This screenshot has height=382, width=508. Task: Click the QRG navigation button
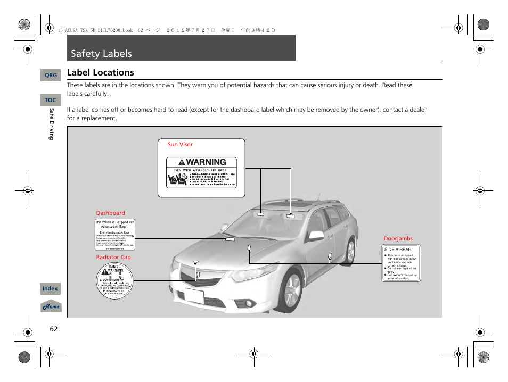(51, 76)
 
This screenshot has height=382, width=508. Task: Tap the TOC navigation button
(50, 100)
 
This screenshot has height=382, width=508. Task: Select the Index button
(50, 289)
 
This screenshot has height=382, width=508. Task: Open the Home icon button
(51, 306)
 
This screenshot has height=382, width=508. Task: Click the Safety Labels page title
(101, 53)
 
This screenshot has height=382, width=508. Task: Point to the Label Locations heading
(101, 72)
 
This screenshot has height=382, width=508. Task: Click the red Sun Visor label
(180, 145)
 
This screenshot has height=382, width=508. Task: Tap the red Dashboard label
(110, 213)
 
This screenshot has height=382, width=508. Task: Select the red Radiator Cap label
(113, 258)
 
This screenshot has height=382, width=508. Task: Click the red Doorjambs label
(398, 239)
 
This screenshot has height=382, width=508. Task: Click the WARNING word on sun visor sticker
(206, 162)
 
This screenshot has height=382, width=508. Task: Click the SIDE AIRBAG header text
(398, 249)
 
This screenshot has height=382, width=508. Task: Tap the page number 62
(53, 329)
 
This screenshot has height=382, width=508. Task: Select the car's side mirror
(316, 235)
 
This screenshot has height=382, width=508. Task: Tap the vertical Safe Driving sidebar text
(52, 124)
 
